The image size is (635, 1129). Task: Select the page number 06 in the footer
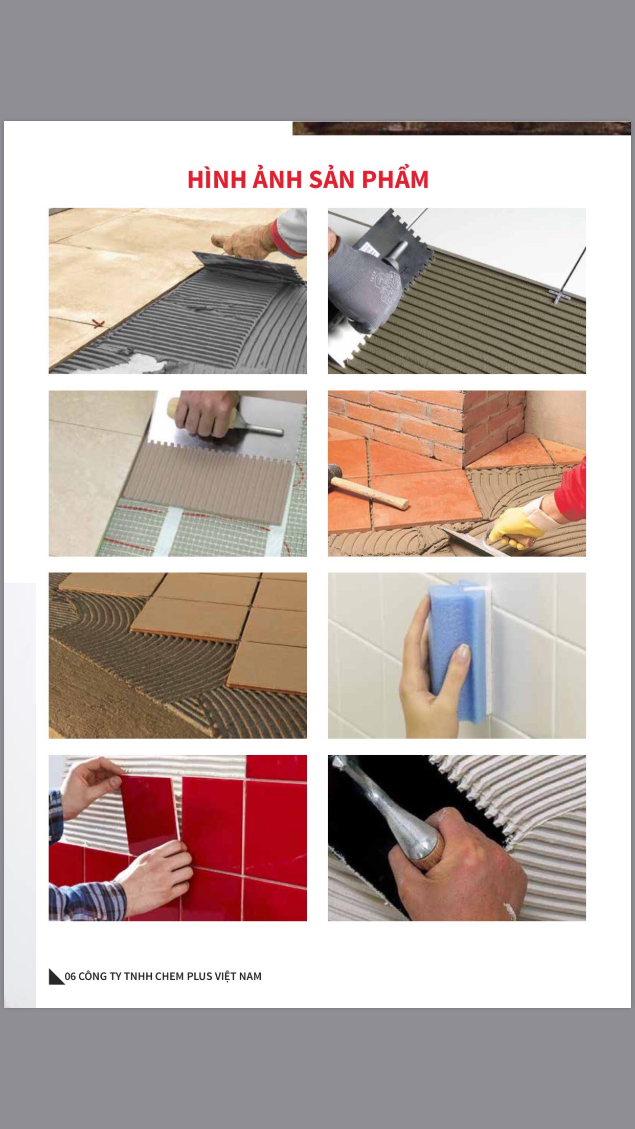[x=70, y=976]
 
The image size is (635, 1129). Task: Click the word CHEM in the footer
[x=169, y=976]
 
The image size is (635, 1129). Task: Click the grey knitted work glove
[x=366, y=286]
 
